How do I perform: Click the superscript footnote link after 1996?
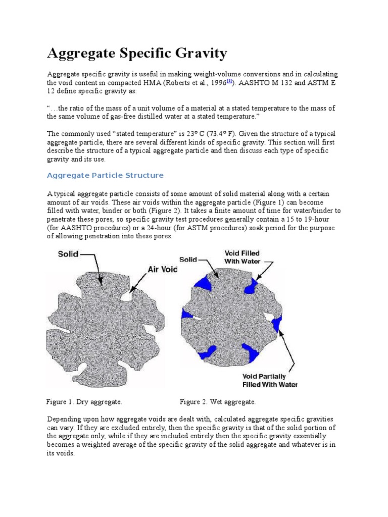coord(229,80)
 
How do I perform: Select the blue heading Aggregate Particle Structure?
coord(105,175)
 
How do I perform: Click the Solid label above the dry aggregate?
coord(68,254)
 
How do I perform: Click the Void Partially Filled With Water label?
coord(270,380)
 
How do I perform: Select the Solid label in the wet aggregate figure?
coord(188,259)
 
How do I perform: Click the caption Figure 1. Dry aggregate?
coord(84,402)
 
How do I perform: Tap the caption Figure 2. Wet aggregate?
coord(218,402)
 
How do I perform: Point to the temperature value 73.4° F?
coord(214,134)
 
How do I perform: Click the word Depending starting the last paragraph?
coord(64,419)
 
